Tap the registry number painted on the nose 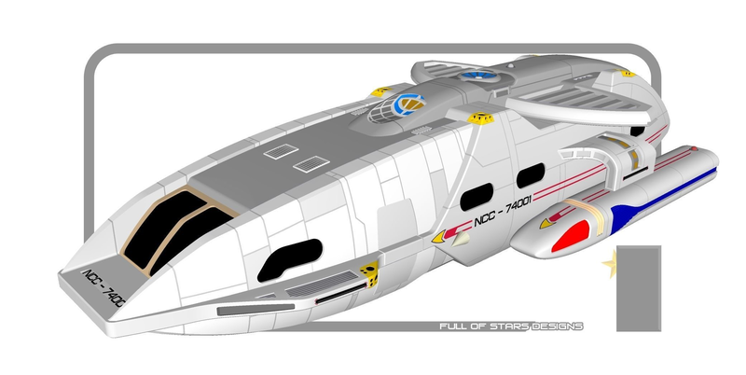coord(104,288)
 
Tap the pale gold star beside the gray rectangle coord(610,263)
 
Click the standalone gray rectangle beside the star coord(639,288)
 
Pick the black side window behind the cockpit coord(289,260)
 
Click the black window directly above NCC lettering coord(477,197)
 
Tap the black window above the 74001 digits coord(531,175)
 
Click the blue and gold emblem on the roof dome coord(408,104)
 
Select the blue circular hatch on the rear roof coord(477,75)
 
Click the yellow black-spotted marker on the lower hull coord(369,274)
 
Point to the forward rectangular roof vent coord(282,151)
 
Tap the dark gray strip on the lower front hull coord(256,310)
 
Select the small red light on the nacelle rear coord(694,149)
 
